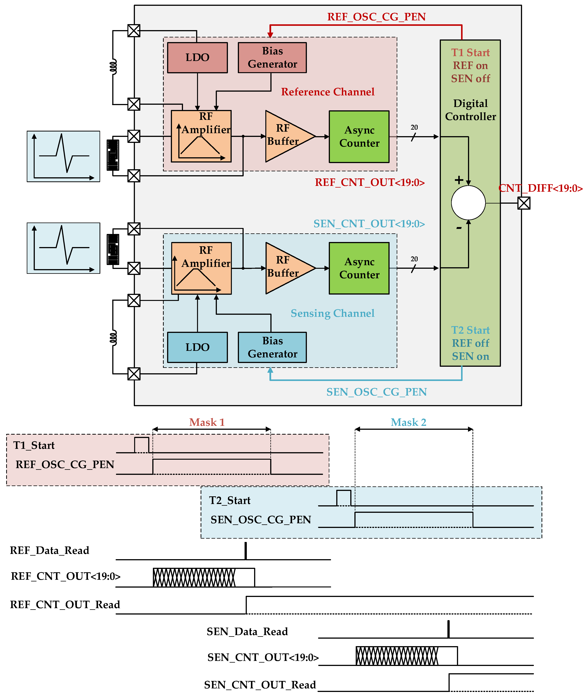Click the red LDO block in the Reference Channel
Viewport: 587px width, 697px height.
point(197,58)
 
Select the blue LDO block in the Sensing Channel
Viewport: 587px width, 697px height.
point(197,347)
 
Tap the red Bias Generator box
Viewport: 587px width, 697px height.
point(272,58)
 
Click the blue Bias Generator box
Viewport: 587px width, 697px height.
point(272,347)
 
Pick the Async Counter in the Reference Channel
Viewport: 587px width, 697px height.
point(359,137)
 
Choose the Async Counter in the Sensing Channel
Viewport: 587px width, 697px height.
point(359,268)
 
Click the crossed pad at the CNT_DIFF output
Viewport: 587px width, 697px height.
point(524,203)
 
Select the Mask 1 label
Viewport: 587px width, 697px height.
point(207,422)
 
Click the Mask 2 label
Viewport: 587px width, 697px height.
point(408,422)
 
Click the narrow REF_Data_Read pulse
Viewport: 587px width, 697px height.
point(246,551)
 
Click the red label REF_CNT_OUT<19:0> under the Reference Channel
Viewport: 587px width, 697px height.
point(370,183)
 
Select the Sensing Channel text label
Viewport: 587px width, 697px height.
point(333,313)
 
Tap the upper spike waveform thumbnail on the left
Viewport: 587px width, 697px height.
point(63,156)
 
